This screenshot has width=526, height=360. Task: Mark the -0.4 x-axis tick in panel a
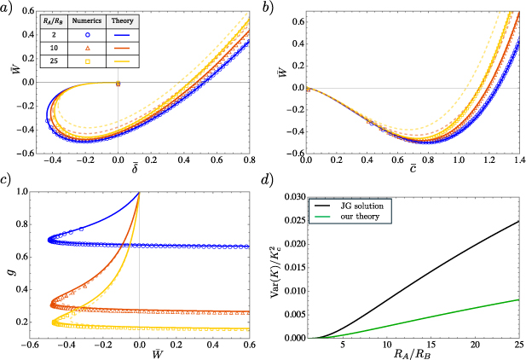click(50, 159)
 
